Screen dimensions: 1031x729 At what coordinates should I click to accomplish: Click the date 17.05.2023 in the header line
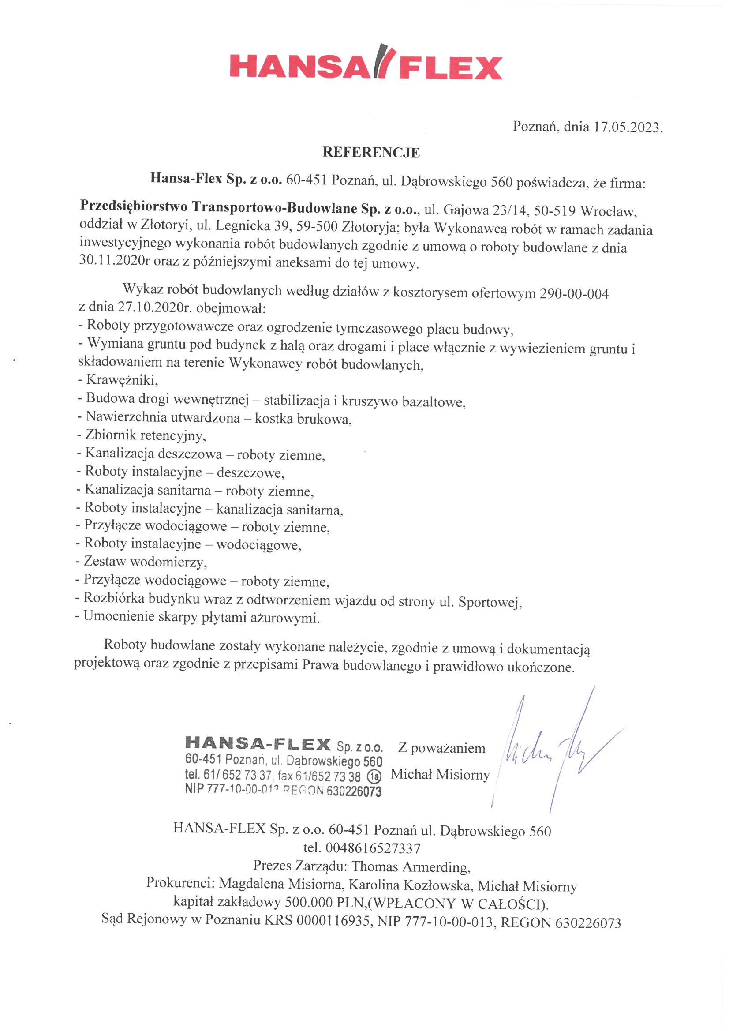pos(627,127)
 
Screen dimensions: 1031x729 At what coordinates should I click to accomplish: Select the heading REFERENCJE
pos(371,153)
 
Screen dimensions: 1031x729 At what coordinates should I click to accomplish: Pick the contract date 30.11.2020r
pos(115,260)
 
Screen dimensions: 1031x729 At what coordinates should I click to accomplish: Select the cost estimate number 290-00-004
pos(574,294)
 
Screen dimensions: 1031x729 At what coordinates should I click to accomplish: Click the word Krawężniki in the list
pos(122,380)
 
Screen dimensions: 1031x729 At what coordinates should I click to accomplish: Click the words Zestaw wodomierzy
pos(145,562)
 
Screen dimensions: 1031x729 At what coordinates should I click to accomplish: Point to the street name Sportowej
pos(489,602)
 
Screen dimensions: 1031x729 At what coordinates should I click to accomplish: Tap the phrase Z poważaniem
pos(442,748)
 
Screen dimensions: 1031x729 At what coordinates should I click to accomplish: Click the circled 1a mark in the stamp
pos(374,776)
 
